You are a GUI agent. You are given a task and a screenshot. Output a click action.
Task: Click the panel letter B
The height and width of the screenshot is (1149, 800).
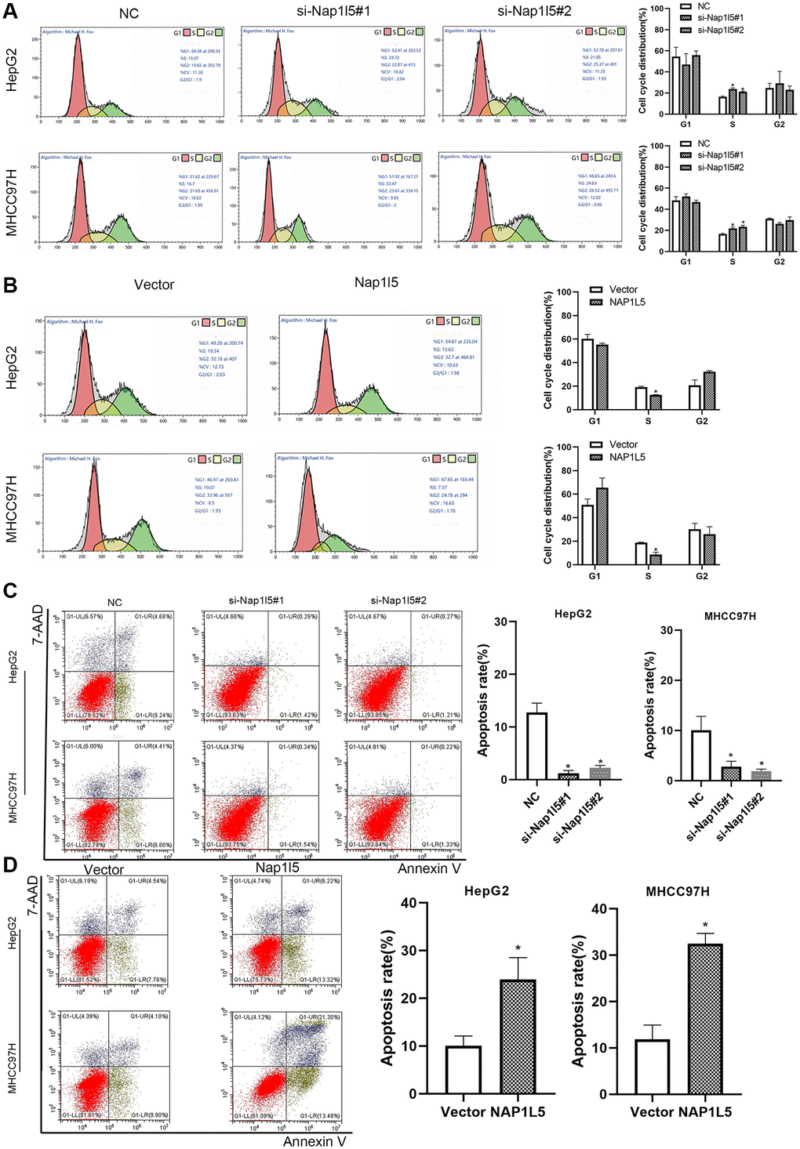click(10, 283)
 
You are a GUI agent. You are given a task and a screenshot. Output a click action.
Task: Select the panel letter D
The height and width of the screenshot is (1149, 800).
click(10, 864)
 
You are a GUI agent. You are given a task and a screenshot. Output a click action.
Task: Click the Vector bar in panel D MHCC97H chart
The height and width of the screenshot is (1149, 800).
click(652, 1067)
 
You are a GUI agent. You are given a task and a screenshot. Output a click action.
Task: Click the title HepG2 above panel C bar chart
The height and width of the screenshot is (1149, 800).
click(572, 614)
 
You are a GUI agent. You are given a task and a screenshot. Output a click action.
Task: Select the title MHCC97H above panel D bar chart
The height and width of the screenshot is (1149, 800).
click(678, 892)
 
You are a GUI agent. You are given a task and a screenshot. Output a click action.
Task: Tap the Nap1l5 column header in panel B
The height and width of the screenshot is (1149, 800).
click(376, 282)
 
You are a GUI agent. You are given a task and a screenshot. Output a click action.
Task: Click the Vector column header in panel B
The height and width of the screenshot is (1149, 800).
click(154, 285)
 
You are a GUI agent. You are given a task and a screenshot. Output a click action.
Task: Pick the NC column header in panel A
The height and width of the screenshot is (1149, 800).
click(129, 13)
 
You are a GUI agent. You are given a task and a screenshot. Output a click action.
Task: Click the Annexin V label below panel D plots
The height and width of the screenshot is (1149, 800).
click(314, 1141)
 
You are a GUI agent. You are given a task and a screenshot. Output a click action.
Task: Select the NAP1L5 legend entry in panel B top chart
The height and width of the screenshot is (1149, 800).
click(627, 302)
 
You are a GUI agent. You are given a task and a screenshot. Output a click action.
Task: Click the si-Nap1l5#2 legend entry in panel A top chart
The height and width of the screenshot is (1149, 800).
click(721, 30)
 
